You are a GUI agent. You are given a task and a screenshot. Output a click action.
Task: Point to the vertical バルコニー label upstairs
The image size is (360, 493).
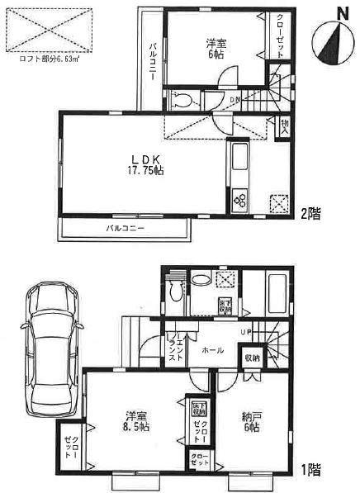[x=153, y=59]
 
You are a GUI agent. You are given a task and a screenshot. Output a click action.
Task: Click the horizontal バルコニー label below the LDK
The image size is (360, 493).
[x=126, y=227]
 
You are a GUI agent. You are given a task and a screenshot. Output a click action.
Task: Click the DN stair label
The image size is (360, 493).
[x=234, y=100]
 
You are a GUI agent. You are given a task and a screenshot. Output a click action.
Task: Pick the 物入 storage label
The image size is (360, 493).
[x=285, y=125]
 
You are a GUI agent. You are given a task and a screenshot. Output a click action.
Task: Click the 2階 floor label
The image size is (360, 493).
[x=310, y=212]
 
